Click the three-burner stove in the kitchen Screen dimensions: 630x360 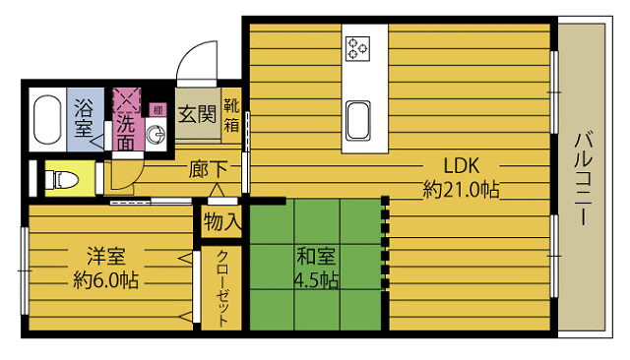(357, 48)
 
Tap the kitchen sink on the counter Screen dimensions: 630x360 (357, 120)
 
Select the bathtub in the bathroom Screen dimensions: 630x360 (48, 120)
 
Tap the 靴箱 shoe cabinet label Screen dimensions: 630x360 (231, 116)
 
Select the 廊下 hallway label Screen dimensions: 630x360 (209, 169)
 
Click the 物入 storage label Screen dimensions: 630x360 (222, 221)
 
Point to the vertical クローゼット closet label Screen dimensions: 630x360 (222, 287)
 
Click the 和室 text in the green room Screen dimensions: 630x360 (316, 257)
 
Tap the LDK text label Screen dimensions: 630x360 (462, 165)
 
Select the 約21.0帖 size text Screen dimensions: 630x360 (462, 190)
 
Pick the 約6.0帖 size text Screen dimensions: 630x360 (106, 280)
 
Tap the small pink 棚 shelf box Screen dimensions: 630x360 (157, 110)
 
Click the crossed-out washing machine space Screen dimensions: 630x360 (127, 100)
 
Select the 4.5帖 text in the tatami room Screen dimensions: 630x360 (317, 280)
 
